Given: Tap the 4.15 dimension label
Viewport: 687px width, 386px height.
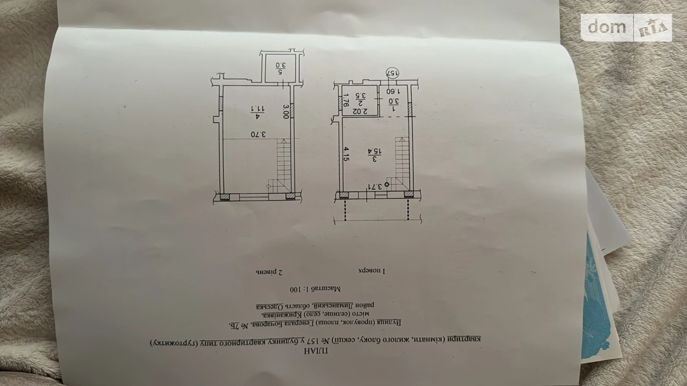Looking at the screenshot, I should pos(346,154).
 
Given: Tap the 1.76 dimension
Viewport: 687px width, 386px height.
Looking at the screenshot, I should pos(346,100).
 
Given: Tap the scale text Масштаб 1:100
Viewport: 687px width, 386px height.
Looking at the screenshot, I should pos(315,288).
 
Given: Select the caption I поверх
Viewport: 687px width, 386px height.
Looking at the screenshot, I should pos(372,271).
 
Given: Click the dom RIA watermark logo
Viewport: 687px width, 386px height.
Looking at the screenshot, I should pos(626,27).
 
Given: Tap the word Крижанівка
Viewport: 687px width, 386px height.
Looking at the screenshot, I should pos(281,315).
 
